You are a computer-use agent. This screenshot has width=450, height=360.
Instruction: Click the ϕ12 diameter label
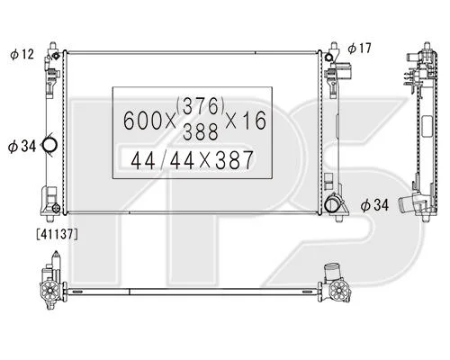(x=22, y=54)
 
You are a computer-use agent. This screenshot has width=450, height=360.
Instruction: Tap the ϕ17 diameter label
(x=360, y=49)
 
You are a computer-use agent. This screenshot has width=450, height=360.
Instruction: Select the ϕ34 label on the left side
(x=22, y=147)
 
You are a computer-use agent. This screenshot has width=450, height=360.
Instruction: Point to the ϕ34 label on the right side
(x=374, y=205)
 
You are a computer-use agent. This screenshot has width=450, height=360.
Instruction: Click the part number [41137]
(x=57, y=234)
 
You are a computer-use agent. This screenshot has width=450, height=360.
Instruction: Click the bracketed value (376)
(x=201, y=106)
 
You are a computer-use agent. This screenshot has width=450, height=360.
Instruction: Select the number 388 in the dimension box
(x=201, y=132)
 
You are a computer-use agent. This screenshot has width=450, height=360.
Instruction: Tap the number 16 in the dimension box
(x=255, y=120)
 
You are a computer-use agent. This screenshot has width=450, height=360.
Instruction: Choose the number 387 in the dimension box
(x=234, y=160)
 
